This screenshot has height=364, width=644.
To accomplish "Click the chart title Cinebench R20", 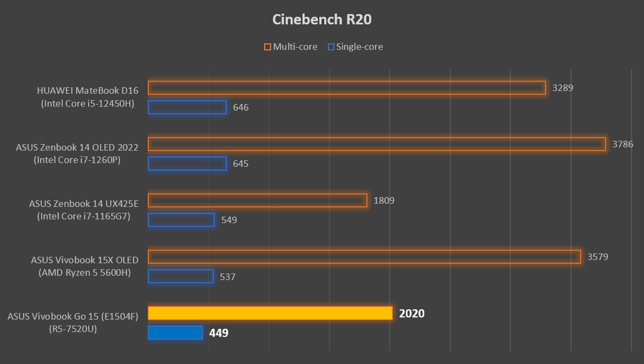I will tap(322, 20).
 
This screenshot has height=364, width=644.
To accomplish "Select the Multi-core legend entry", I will tap(291, 47).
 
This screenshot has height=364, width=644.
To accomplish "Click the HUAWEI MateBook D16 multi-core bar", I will tap(346, 88).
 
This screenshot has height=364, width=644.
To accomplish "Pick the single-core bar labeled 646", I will tap(187, 107).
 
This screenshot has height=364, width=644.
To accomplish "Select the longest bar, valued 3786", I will tap(377, 144).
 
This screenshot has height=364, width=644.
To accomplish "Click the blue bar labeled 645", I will tap(187, 164).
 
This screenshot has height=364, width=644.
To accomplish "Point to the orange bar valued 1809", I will tap(258, 200).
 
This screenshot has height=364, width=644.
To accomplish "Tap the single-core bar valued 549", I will tap(181, 220).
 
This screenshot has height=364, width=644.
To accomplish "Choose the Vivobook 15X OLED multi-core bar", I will tap(364, 257).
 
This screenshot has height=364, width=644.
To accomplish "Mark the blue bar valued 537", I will tap(181, 276).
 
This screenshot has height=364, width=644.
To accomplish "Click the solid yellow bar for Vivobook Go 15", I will tap(270, 313).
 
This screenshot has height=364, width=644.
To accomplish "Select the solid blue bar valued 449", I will tap(175, 333).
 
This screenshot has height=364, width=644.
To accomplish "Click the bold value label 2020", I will tap(412, 314).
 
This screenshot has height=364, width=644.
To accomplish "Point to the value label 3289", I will tap(562, 88).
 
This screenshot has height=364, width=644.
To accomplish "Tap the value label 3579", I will tap(598, 257).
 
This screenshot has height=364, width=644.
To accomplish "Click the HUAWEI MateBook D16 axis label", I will tap(88, 97).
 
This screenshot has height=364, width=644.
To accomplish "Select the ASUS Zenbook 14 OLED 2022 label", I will tap(77, 154).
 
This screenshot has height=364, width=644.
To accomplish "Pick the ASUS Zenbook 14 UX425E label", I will tap(84, 210).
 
